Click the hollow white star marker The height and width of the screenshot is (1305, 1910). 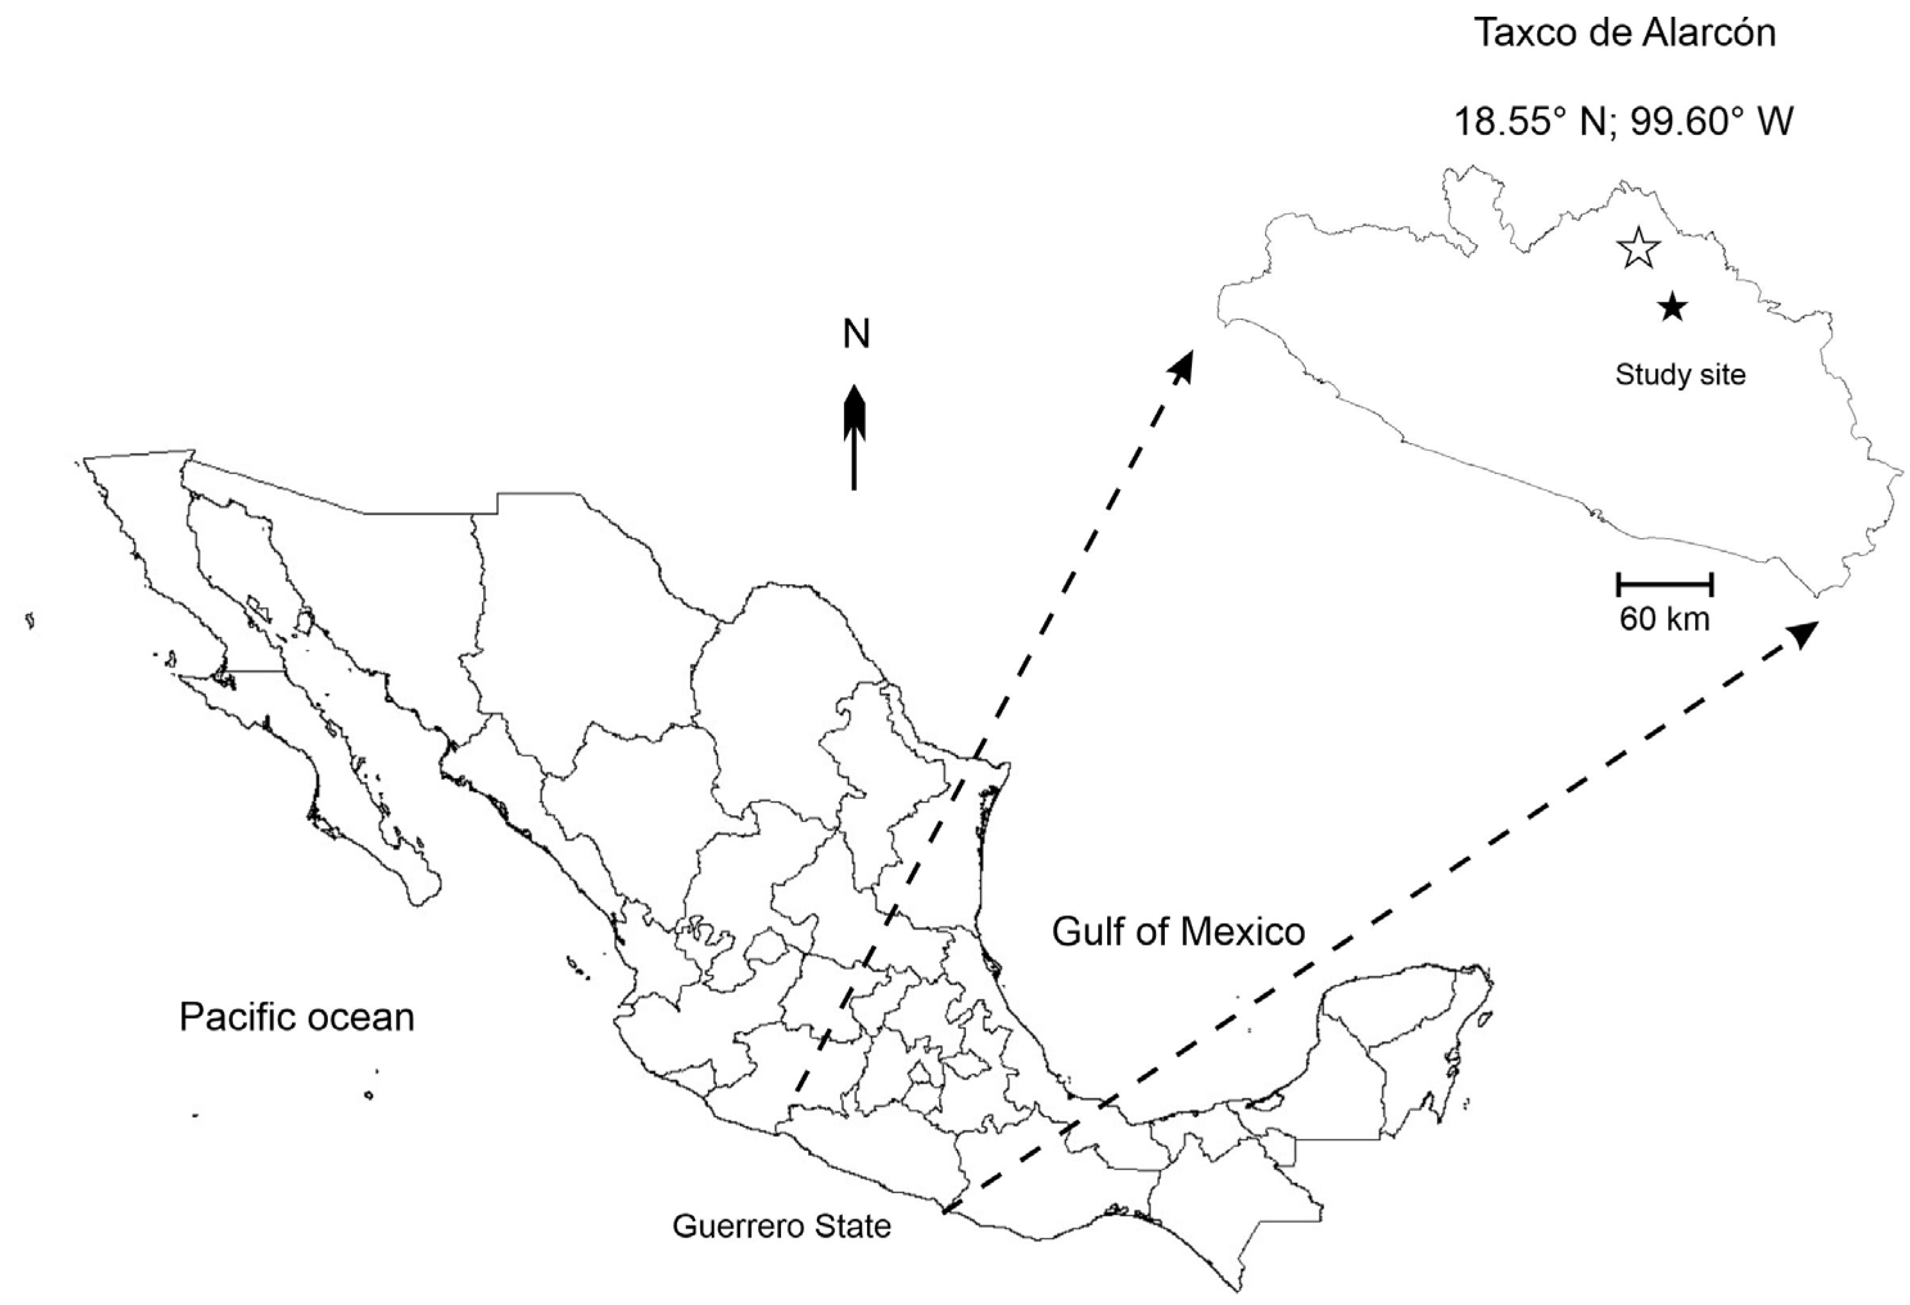point(1638,248)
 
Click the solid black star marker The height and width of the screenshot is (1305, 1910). point(1673,308)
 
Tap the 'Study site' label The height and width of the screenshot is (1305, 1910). point(1680,375)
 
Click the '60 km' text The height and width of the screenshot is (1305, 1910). point(1664,619)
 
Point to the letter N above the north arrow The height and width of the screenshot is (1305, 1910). point(856,334)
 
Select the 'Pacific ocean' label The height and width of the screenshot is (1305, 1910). point(297,1017)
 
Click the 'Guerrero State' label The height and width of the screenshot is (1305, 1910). point(782,1226)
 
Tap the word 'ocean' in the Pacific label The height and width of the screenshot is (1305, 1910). point(367,1017)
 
